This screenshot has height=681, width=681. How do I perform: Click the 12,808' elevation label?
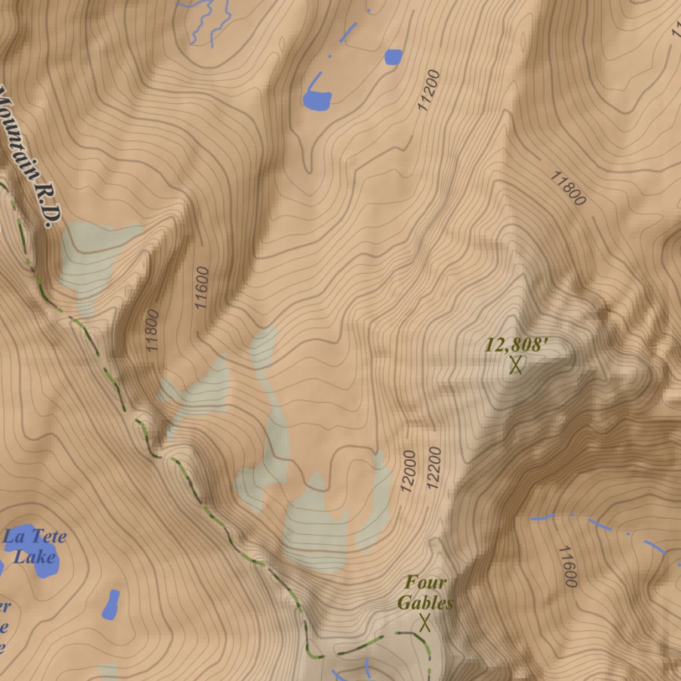click(516, 345)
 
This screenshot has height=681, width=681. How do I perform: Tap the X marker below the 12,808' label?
click(515, 364)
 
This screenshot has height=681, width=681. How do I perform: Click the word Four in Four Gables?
click(426, 583)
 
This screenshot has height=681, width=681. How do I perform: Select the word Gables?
click(426, 603)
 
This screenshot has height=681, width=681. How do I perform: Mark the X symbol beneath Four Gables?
click(425, 623)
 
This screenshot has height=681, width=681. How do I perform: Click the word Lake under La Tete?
click(34, 555)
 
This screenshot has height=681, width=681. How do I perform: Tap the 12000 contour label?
click(408, 471)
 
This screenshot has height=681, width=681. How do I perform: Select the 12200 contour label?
click(434, 468)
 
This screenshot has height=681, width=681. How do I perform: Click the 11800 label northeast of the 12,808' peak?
click(567, 188)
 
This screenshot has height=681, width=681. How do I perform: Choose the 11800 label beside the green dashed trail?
click(152, 331)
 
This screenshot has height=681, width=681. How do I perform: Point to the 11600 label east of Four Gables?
click(567, 567)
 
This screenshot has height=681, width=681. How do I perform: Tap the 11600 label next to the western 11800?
click(202, 288)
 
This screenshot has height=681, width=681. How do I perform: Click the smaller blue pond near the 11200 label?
click(393, 57)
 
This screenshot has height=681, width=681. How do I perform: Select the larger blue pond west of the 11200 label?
click(317, 99)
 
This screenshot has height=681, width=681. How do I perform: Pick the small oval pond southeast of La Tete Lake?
click(111, 604)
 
